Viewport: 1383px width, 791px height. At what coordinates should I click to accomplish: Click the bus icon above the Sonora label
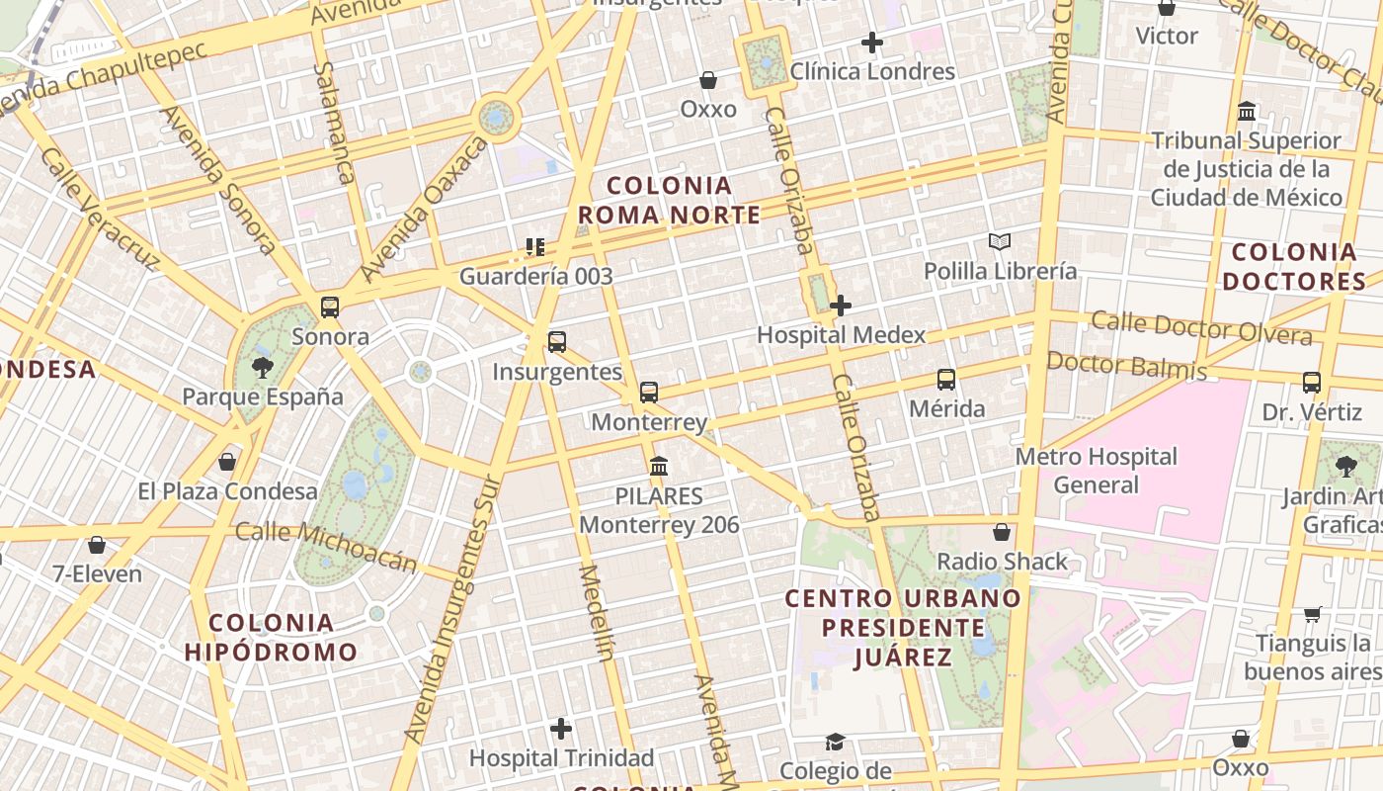click(330, 308)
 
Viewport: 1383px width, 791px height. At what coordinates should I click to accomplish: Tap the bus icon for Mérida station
click(946, 380)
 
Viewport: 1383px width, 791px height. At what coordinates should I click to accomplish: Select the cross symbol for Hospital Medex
click(841, 307)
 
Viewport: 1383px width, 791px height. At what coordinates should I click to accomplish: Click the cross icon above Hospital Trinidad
click(561, 730)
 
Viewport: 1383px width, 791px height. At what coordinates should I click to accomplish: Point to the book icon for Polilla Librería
click(1000, 241)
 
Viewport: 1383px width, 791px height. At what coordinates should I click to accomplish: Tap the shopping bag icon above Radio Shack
click(1002, 533)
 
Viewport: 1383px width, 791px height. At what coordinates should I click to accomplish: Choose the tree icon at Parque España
click(263, 369)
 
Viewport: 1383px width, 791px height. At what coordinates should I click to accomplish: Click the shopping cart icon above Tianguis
click(1313, 615)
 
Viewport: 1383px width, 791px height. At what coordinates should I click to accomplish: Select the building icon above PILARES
click(659, 467)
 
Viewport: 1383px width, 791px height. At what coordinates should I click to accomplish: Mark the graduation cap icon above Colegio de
click(836, 742)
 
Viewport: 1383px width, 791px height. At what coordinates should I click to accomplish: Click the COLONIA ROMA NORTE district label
click(669, 201)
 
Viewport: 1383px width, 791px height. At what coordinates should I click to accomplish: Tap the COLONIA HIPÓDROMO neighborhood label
click(271, 638)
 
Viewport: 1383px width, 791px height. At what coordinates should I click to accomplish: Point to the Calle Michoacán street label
click(327, 547)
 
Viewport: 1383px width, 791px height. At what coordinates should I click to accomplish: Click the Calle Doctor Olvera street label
click(1201, 328)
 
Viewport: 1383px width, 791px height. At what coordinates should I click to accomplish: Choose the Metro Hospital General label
click(1097, 471)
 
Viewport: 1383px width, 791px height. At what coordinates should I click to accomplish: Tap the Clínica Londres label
click(873, 71)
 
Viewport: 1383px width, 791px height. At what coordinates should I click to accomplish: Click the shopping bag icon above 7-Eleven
click(97, 545)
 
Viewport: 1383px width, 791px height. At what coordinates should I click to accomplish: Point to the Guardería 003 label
click(536, 276)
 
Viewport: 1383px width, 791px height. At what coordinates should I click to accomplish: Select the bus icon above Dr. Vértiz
click(1312, 383)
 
